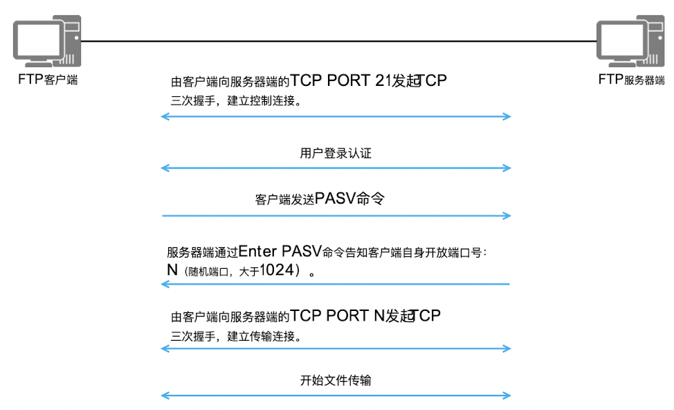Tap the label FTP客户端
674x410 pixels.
point(47,79)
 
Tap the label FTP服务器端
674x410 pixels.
point(631,79)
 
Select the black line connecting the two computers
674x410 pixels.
point(339,41)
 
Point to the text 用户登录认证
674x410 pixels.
point(336,153)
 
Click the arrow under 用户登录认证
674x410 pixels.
point(336,168)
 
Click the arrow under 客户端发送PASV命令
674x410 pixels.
point(336,216)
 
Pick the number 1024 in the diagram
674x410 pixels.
point(275,271)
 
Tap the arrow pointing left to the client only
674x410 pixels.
point(336,284)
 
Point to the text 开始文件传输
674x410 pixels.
point(336,380)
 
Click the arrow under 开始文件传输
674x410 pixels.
point(336,395)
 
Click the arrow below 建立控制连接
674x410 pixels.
point(336,116)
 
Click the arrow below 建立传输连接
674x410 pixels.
point(336,348)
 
